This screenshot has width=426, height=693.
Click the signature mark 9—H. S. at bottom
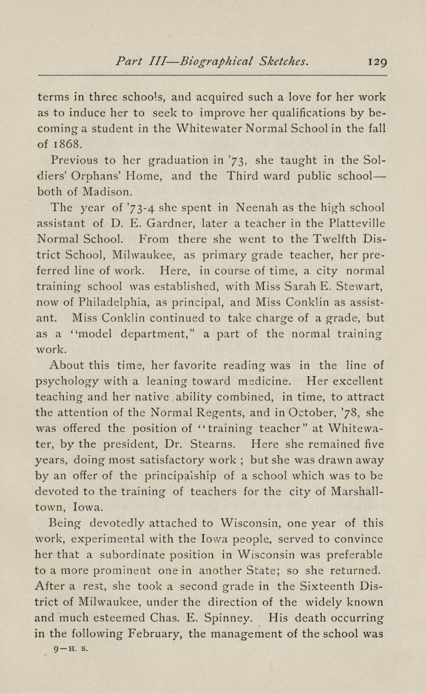point(71,648)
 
